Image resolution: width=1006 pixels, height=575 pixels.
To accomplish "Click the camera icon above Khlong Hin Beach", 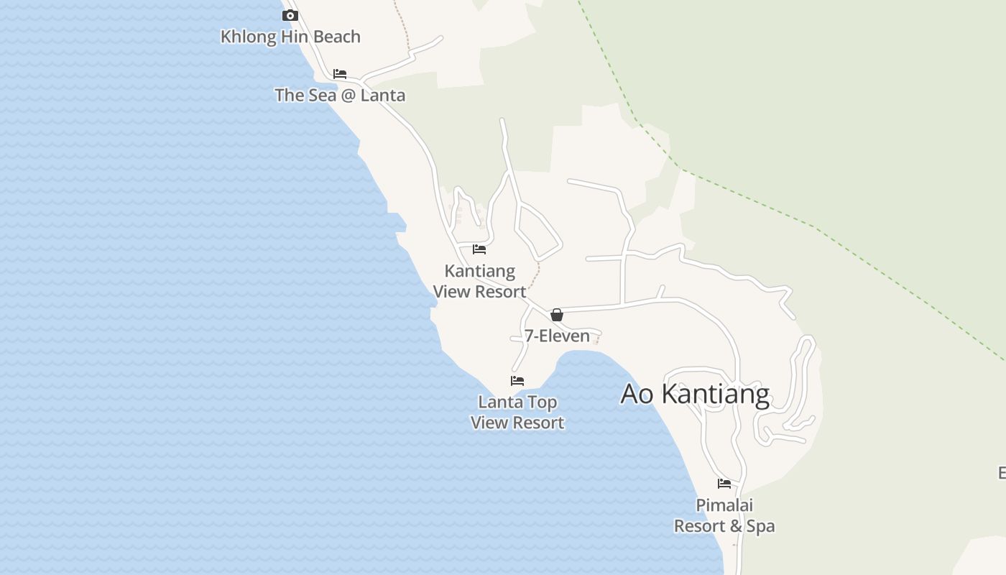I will coord(290,15).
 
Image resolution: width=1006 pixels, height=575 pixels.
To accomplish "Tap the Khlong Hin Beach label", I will coord(290,37).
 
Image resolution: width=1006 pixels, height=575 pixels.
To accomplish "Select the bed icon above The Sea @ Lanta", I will coord(340,74).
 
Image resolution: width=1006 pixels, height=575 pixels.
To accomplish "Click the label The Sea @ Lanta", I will coord(340,95).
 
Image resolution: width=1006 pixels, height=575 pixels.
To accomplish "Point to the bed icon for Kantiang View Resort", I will coord(479,249).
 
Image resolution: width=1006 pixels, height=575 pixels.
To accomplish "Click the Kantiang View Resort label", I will coord(480,281).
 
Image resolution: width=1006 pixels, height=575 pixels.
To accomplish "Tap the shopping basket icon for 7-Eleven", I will coord(556,315).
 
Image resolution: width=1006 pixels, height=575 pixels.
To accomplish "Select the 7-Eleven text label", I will coord(557,336).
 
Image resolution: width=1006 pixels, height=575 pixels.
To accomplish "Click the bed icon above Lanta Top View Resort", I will coord(517,381).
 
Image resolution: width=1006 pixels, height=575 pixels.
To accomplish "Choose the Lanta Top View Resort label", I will coord(517,412).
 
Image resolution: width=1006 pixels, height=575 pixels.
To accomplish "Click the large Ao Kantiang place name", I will coord(695,394).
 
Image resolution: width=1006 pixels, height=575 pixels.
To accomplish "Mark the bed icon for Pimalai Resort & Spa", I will coord(724,484).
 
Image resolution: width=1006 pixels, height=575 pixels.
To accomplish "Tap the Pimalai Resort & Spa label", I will coord(724,515).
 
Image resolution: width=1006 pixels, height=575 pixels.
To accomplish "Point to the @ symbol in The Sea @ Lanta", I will coord(349,95).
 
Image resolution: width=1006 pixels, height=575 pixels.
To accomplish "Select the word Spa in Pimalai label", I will coord(760,526).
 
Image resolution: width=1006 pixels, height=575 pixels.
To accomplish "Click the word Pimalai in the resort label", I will coord(724,505).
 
